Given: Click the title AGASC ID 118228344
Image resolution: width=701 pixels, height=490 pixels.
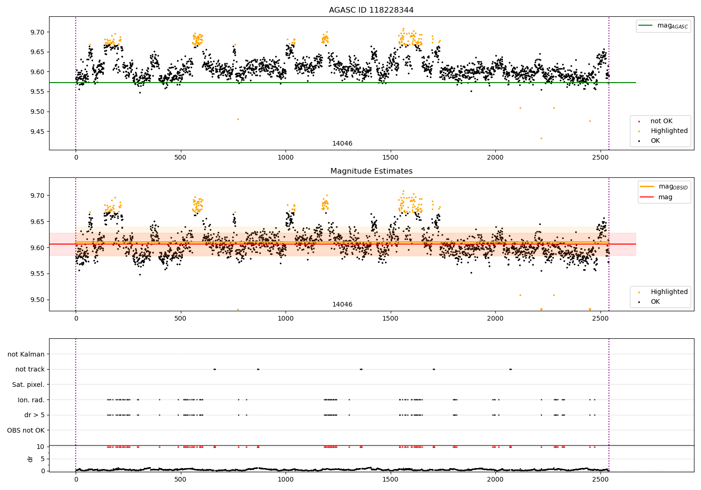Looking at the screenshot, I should [x=371, y=10].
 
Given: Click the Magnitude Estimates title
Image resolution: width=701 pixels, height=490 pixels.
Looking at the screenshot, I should [x=371, y=171].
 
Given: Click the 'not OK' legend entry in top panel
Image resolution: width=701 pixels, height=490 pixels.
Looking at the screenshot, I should [x=661, y=121].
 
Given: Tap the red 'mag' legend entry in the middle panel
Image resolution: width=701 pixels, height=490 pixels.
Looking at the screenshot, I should [x=665, y=197].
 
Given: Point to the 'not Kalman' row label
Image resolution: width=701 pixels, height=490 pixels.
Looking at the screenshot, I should [x=26, y=354].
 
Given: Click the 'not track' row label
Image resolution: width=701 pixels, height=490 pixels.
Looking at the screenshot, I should [x=30, y=370].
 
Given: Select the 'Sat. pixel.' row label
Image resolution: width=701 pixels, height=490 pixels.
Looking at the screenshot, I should [x=28, y=385].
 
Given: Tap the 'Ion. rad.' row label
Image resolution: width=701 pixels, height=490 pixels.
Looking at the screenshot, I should [x=31, y=400].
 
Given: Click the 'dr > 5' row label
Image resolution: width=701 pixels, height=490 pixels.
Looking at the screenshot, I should [x=35, y=415].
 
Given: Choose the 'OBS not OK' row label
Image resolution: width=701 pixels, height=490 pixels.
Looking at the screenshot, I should [x=26, y=430].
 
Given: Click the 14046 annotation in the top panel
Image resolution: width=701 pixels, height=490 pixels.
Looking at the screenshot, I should [x=342, y=144].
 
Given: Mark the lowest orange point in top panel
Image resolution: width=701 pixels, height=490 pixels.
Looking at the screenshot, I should [x=541, y=138].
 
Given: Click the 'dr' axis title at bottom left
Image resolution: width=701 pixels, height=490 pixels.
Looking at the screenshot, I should [x=30, y=459].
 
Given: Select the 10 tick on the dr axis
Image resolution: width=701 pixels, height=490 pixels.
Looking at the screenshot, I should [x=41, y=447].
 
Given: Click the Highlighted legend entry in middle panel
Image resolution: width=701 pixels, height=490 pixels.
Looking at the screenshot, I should [x=669, y=292].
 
